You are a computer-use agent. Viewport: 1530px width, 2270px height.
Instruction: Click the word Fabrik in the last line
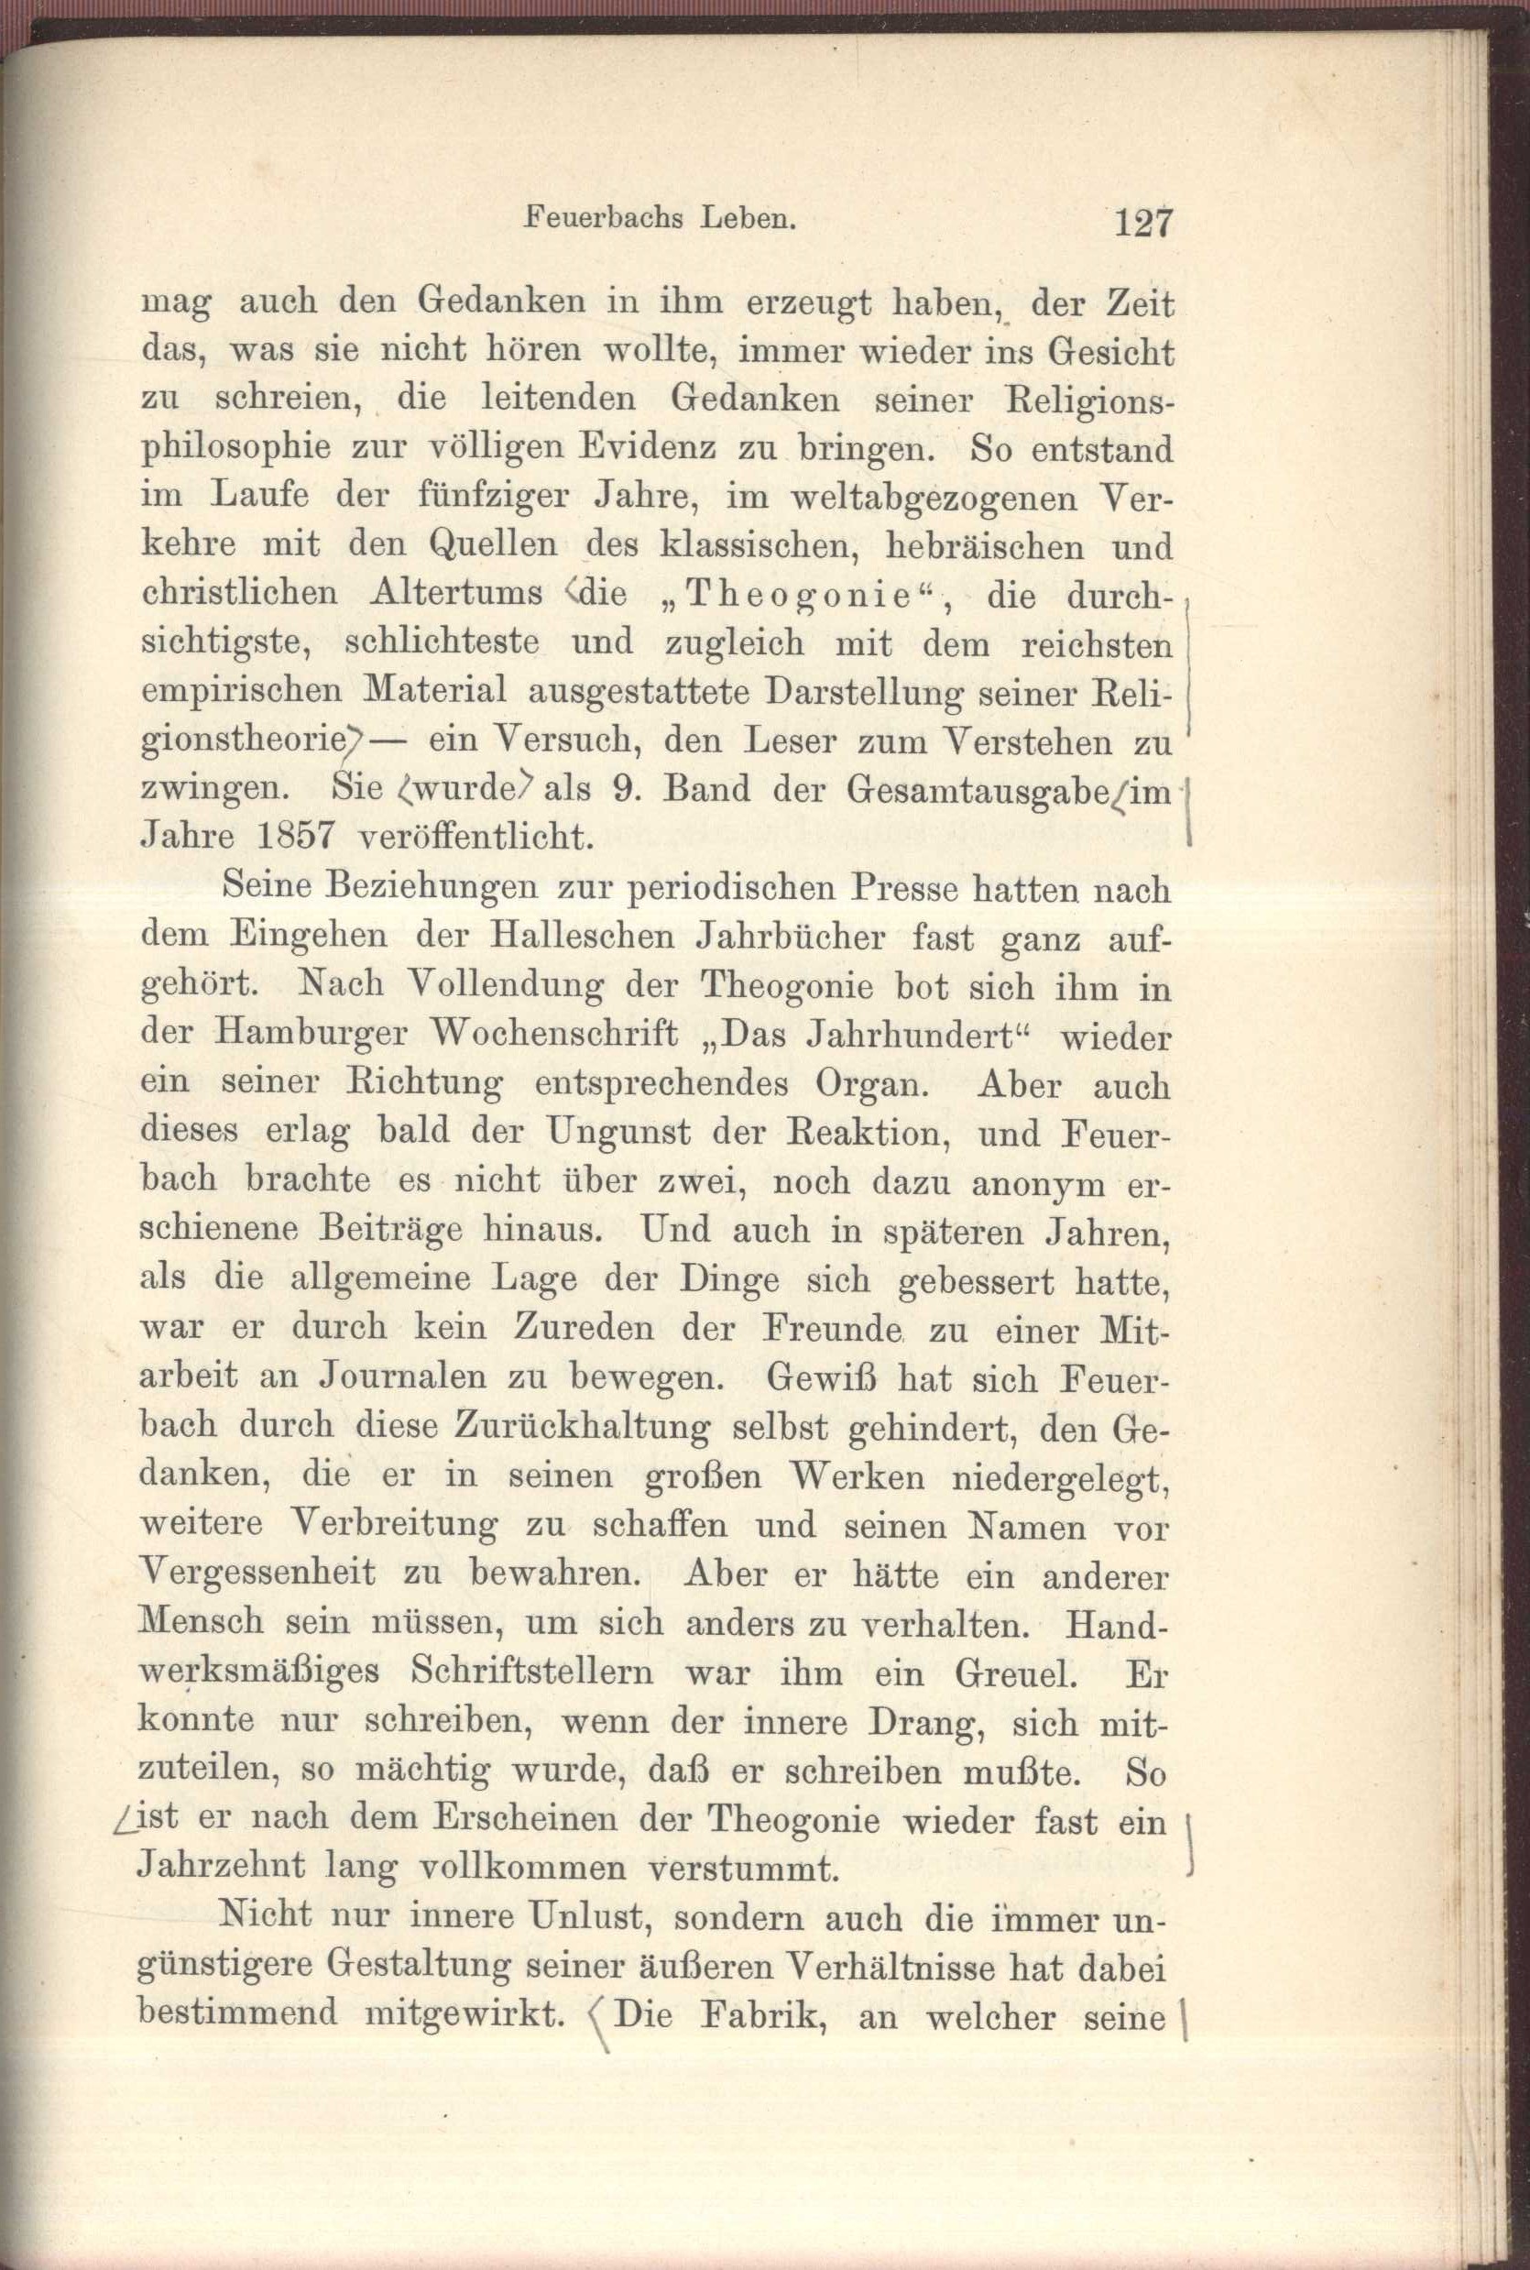pos(757,2016)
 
